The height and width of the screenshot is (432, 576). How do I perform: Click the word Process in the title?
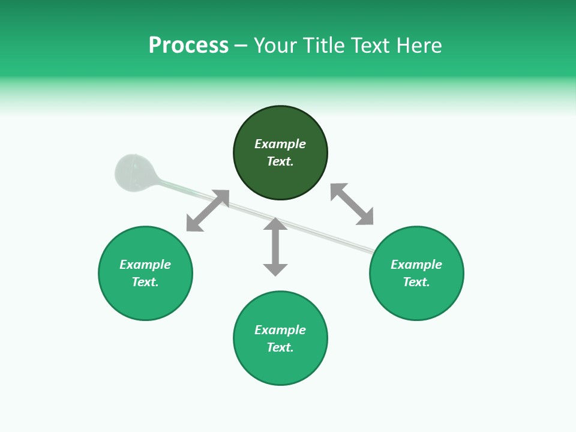click(188, 46)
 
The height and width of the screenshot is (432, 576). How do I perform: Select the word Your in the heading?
click(277, 46)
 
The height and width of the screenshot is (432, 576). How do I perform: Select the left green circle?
click(145, 300)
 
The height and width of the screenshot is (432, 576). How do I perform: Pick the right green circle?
click(416, 300)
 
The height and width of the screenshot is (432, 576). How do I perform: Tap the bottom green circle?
click(280, 366)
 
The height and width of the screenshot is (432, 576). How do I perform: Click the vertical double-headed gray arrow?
click(275, 247)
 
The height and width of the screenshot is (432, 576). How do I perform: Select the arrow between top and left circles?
click(208, 211)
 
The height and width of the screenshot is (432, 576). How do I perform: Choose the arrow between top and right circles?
click(352, 204)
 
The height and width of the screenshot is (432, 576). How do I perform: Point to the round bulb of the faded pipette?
click(133, 173)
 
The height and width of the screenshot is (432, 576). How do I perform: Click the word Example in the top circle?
click(280, 144)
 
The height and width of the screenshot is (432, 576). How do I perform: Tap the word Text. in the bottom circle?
click(280, 347)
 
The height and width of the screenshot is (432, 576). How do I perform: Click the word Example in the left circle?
click(145, 265)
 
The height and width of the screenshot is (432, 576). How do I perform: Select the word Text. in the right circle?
click(416, 282)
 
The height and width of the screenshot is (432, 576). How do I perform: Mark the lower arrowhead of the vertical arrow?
click(275, 269)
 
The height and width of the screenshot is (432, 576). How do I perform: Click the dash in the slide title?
click(241, 46)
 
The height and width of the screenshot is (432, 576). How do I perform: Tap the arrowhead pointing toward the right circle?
click(365, 217)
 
